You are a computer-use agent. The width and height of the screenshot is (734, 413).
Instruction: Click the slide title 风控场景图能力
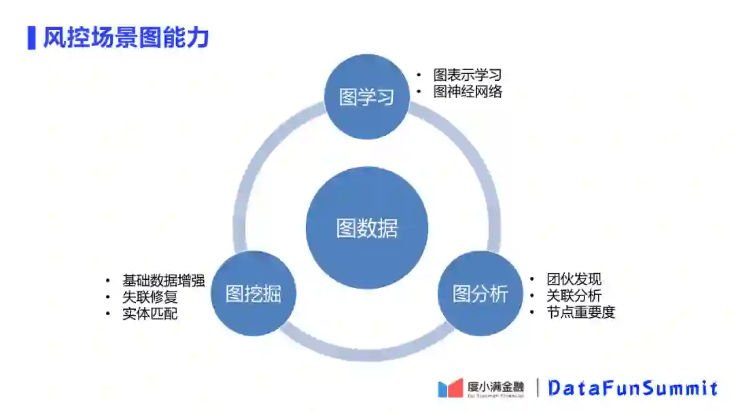[x=126, y=37]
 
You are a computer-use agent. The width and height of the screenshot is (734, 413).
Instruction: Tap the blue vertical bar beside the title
[x=31, y=37]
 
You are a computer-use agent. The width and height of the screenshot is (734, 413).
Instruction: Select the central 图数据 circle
[x=367, y=228]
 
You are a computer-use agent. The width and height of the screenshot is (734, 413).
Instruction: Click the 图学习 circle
[x=367, y=97]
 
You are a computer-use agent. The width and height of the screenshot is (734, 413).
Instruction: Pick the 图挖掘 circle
[x=254, y=293]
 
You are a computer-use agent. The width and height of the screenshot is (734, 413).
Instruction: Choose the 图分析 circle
[x=480, y=293]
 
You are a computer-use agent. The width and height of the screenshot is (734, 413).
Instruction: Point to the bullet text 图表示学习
[x=467, y=75]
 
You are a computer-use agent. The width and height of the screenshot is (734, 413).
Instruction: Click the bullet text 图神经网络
[x=467, y=92]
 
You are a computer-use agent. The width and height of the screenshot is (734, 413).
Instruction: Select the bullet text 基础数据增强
[x=163, y=280]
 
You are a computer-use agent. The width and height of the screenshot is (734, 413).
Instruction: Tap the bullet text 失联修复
[x=150, y=297]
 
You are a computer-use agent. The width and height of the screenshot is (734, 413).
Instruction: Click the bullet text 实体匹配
[x=150, y=314]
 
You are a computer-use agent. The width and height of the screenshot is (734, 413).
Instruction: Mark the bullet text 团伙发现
[x=574, y=279]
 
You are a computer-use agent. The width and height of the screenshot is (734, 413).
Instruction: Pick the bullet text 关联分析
[x=574, y=296]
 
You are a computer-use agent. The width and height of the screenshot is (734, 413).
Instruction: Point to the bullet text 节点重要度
[x=580, y=313]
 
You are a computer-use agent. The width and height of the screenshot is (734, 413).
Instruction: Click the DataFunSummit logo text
[x=633, y=388]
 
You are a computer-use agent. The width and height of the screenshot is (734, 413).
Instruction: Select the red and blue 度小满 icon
[x=450, y=388]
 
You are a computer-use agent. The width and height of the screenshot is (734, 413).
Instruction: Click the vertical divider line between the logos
[x=538, y=388]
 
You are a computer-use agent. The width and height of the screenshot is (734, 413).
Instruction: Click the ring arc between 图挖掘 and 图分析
[x=367, y=352]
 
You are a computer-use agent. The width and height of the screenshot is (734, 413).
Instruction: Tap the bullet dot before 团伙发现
[x=532, y=280]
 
